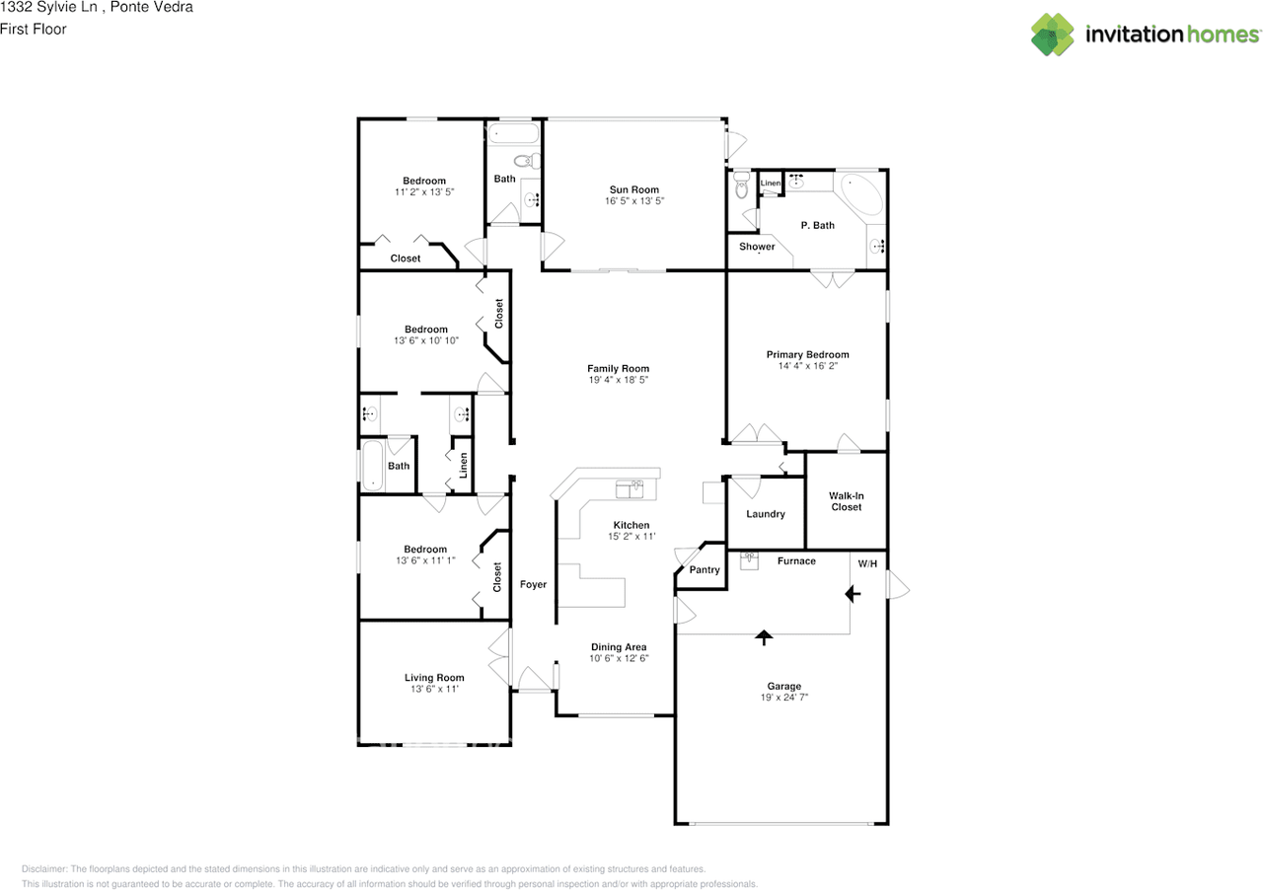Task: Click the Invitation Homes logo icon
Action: click(x=1053, y=35)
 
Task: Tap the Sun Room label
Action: click(x=633, y=189)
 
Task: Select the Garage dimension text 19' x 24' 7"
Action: click(x=784, y=698)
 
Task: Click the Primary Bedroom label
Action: click(x=807, y=354)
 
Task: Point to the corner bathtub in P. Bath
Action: click(x=860, y=194)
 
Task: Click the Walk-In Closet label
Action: click(x=845, y=501)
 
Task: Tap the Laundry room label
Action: click(x=766, y=514)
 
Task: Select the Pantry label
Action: click(x=705, y=570)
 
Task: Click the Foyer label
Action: click(x=533, y=585)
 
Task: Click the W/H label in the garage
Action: click(x=867, y=563)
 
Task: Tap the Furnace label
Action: click(x=796, y=561)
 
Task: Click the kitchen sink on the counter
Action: click(x=630, y=487)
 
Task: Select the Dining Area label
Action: click(x=619, y=647)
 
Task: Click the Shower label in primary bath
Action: click(x=757, y=247)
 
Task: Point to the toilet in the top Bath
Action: click(x=524, y=161)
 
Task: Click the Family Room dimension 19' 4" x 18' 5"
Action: click(x=619, y=380)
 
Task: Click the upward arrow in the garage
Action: click(x=764, y=637)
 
